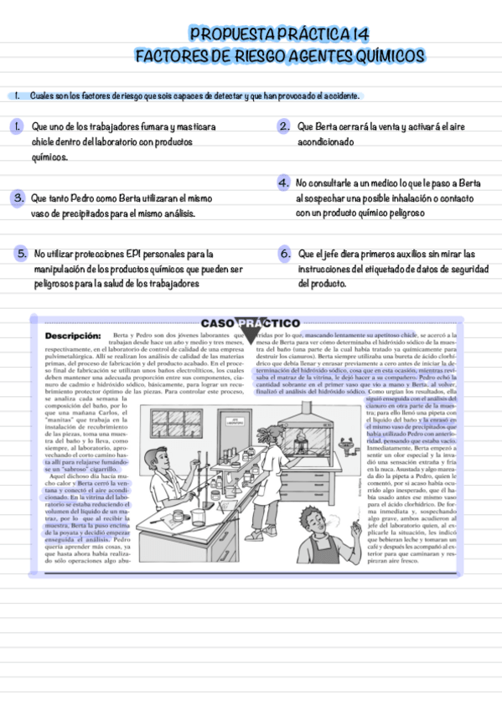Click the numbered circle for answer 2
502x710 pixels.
coord(284,126)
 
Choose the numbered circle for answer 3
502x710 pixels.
coord(17,198)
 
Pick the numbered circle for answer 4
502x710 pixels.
coord(284,183)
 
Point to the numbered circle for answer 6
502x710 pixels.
coord(284,253)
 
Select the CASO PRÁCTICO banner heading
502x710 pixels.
coord(251,323)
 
